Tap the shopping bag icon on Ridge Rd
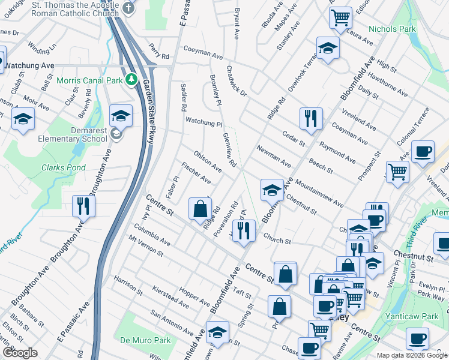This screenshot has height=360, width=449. [200, 209]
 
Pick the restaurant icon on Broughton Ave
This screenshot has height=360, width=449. [83, 206]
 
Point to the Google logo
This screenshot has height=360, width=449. [20, 353]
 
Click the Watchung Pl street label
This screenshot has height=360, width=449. [203, 122]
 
